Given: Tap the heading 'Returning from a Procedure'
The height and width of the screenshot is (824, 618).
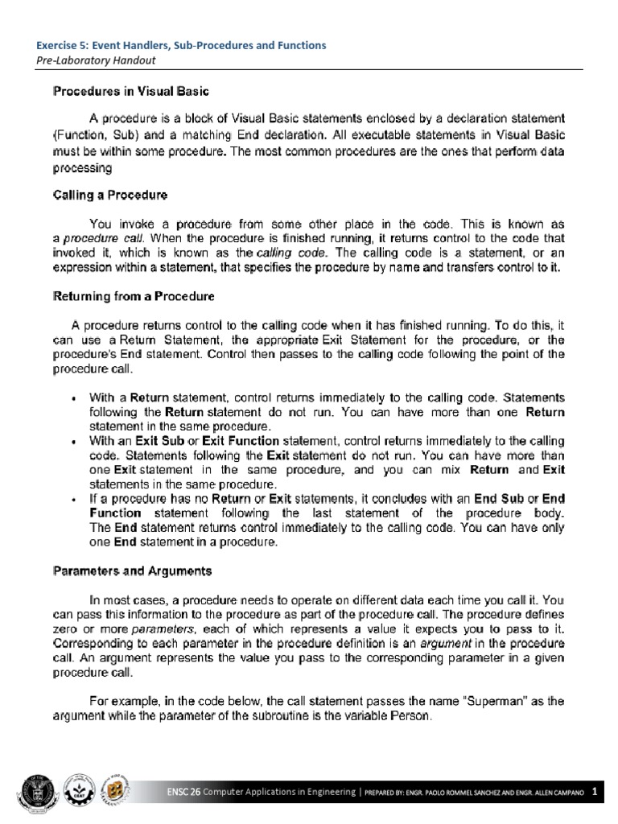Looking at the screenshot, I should pos(134,296).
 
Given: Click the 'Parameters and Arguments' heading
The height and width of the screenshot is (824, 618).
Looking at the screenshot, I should pos(132,571).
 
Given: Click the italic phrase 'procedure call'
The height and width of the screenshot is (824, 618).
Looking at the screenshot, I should pos(95,239).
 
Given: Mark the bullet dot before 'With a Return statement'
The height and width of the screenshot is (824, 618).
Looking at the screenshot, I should pos(74,398).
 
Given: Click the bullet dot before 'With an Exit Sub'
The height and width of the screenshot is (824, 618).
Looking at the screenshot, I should pos(74,442).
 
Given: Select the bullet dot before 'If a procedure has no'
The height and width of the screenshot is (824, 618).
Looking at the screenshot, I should pos(74,501).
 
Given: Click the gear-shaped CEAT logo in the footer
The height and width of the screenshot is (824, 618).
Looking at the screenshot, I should pos(82,790).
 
